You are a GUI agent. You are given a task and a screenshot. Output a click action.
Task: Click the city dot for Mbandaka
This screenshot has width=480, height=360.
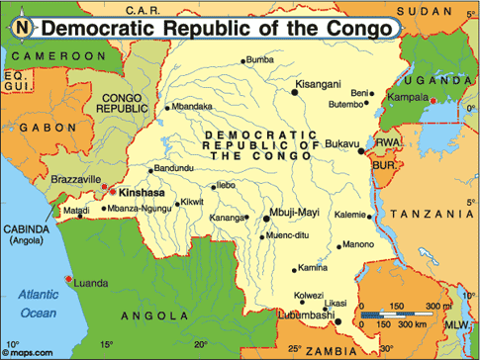pyautogui.click(x=168, y=107)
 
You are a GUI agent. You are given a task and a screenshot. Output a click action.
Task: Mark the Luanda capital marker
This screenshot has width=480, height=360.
pyautogui.click(x=67, y=278)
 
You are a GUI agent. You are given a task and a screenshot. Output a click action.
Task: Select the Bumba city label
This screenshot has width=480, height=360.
pyautogui.click(x=259, y=60)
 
